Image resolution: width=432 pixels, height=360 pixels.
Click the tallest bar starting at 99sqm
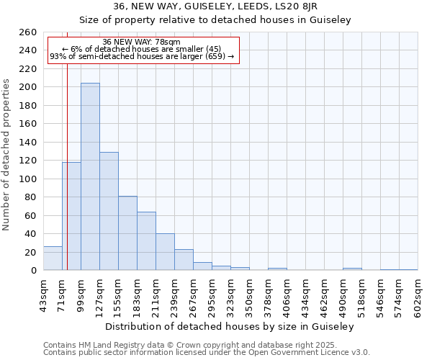point(90,176)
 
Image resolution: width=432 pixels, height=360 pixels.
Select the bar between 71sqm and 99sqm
point(71,216)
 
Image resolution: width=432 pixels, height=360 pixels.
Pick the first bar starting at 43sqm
point(53,258)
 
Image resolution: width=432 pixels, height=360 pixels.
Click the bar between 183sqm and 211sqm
point(146,241)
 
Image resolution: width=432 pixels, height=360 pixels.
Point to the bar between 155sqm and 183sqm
point(127,233)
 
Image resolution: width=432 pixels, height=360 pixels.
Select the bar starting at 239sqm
point(184,260)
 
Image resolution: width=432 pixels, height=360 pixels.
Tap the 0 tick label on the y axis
point(33,271)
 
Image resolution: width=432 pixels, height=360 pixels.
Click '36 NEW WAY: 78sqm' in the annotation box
point(142,42)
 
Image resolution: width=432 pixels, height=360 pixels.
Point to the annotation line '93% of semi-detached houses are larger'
point(142,56)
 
